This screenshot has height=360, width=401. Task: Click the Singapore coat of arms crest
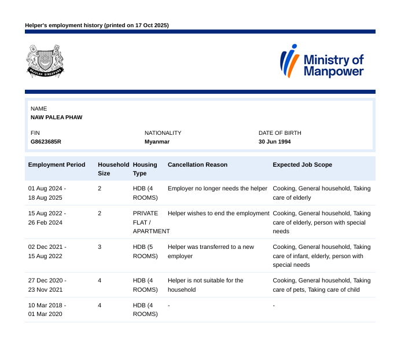click(45, 61)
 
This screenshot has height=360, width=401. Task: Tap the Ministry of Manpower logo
click(322, 61)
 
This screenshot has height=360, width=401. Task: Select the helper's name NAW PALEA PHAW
click(56, 117)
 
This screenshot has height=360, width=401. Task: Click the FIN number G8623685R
click(46, 141)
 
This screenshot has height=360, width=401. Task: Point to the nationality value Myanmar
click(157, 141)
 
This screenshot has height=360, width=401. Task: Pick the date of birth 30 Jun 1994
click(275, 141)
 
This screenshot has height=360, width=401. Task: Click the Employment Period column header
click(57, 165)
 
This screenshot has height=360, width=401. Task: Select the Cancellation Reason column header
click(197, 165)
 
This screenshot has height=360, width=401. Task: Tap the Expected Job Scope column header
click(302, 165)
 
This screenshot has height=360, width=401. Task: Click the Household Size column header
click(113, 169)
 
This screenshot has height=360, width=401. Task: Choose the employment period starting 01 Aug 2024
click(47, 193)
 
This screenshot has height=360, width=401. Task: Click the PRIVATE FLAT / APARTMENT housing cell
click(150, 222)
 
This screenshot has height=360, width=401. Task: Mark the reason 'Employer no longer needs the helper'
click(218, 189)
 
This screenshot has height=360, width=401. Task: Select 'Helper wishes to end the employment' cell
click(219, 214)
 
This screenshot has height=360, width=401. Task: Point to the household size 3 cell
click(100, 247)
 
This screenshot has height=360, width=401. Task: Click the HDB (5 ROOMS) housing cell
click(145, 251)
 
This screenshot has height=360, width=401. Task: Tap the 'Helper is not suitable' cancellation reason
click(205, 285)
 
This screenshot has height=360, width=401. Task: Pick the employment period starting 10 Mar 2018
click(47, 310)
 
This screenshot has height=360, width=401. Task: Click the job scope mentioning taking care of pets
click(322, 285)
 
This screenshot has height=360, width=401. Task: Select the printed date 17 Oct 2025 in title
click(149, 25)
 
